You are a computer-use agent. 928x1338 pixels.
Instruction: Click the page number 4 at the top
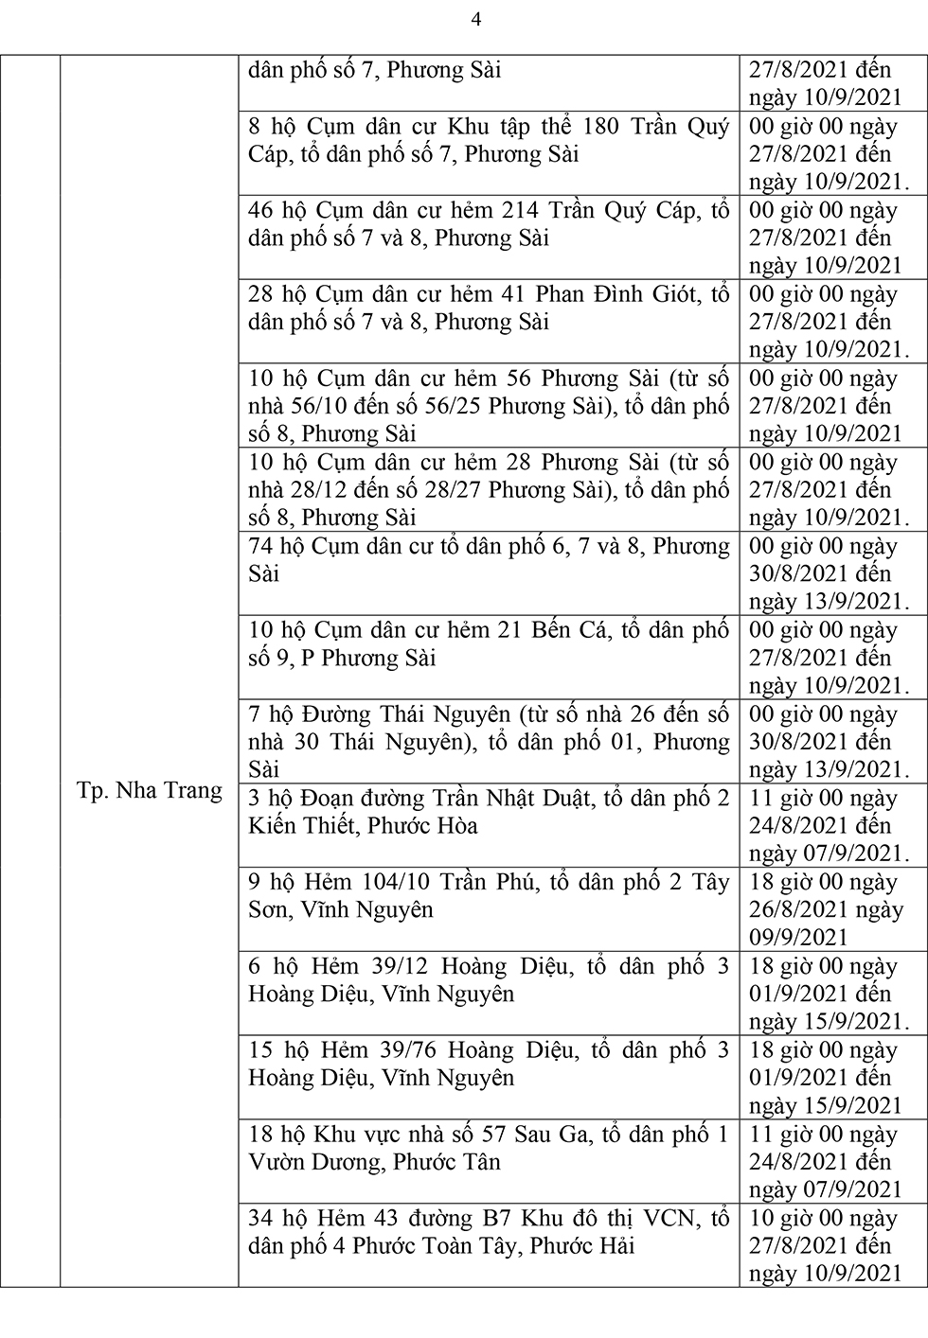point(476,20)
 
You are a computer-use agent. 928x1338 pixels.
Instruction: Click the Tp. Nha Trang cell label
point(150,790)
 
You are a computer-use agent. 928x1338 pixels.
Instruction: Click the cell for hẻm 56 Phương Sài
point(489,406)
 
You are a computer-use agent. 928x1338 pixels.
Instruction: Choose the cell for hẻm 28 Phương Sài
point(489,490)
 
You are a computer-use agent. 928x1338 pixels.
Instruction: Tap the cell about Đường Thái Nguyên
point(489,741)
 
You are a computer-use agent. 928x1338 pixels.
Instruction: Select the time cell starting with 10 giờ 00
point(823,1245)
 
